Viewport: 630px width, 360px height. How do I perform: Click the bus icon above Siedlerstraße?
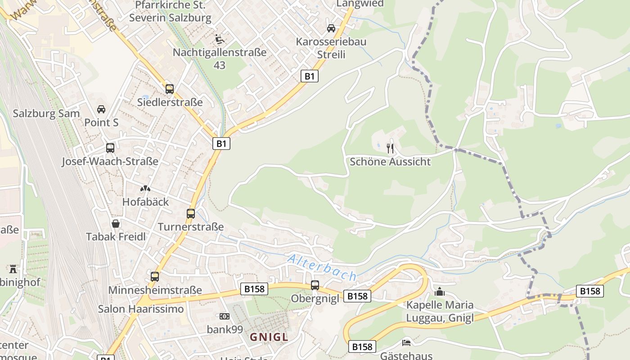(x=170, y=89)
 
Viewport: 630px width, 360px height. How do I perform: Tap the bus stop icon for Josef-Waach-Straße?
(x=110, y=148)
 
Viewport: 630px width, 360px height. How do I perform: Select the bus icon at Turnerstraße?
(x=191, y=214)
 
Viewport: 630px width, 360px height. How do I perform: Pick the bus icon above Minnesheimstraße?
(x=155, y=277)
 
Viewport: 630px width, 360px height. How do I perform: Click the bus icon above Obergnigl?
(x=315, y=285)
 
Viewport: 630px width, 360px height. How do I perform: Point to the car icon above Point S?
(x=101, y=109)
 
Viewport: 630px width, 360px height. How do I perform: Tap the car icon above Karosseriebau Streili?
(x=331, y=28)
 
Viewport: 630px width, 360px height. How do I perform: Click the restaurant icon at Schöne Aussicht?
(x=390, y=148)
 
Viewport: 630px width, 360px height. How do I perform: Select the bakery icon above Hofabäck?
(x=145, y=189)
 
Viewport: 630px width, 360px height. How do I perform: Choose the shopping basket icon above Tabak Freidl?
(x=116, y=224)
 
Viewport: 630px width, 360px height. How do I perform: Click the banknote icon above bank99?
(x=225, y=316)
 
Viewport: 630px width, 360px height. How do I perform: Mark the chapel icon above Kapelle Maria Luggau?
(x=440, y=292)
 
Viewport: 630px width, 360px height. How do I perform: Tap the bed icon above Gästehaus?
(x=406, y=343)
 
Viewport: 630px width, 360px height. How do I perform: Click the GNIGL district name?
(x=269, y=337)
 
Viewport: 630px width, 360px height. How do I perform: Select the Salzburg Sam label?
(x=46, y=113)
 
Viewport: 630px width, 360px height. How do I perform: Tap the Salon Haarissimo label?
(x=141, y=309)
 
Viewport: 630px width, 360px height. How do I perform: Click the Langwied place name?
(x=360, y=4)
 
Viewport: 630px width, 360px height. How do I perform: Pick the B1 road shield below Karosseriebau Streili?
(x=310, y=76)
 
